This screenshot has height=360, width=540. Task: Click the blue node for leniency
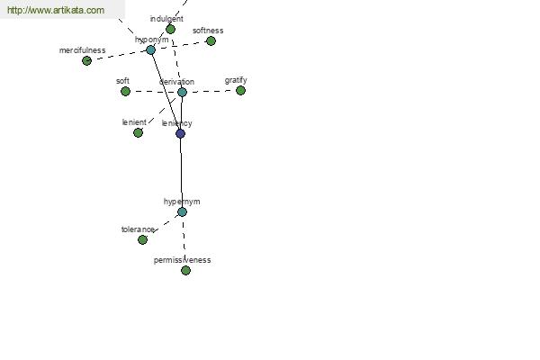[181, 133]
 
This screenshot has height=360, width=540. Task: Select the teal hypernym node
[182, 211]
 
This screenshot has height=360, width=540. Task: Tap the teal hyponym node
[150, 50]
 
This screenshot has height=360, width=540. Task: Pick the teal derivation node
[182, 92]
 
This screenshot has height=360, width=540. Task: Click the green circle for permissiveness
[185, 270]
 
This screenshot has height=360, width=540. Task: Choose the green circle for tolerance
[142, 239]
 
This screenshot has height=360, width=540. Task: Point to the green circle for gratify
[240, 91]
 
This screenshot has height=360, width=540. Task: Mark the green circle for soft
[126, 91]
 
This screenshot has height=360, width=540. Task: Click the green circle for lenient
[138, 132]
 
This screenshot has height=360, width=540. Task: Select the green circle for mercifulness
[86, 61]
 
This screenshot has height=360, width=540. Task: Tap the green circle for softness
[211, 41]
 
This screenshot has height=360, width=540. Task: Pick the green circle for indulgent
[170, 30]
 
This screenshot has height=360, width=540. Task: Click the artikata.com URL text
[56, 10]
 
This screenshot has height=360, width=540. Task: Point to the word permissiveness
[182, 260]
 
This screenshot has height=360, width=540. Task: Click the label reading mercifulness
[82, 50]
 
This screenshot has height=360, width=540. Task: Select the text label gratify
[236, 80]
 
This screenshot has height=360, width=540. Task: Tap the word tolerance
[138, 229]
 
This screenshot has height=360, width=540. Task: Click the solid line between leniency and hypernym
[182, 173]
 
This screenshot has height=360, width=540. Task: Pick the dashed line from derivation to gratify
[211, 91]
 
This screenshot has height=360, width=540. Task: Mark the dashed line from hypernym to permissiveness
[184, 241]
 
